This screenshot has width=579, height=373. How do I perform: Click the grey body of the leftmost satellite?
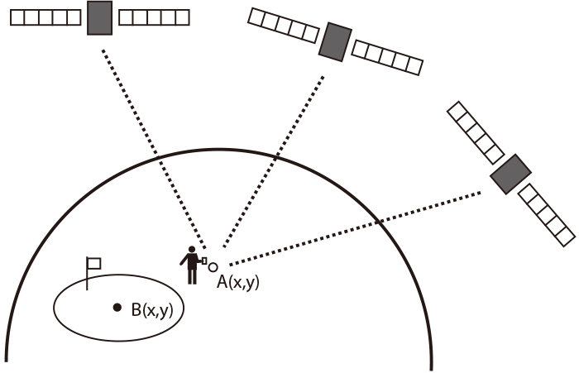pos(99,17)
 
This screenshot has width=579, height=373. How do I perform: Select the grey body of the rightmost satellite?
pos(510,174)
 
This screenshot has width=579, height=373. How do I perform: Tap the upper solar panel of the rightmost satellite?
pos(475,132)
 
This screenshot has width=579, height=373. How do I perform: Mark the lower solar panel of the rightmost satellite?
pos(547,215)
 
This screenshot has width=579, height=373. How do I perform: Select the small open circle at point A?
pos(213,267)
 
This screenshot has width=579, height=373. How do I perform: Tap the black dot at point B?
pos(118,308)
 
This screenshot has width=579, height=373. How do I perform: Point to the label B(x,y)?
pos(157,310)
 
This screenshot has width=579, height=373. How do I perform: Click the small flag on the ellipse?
pos(93,265)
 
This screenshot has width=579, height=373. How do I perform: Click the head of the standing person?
pos(192,250)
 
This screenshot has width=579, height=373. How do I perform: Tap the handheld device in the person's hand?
pos(203,259)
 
